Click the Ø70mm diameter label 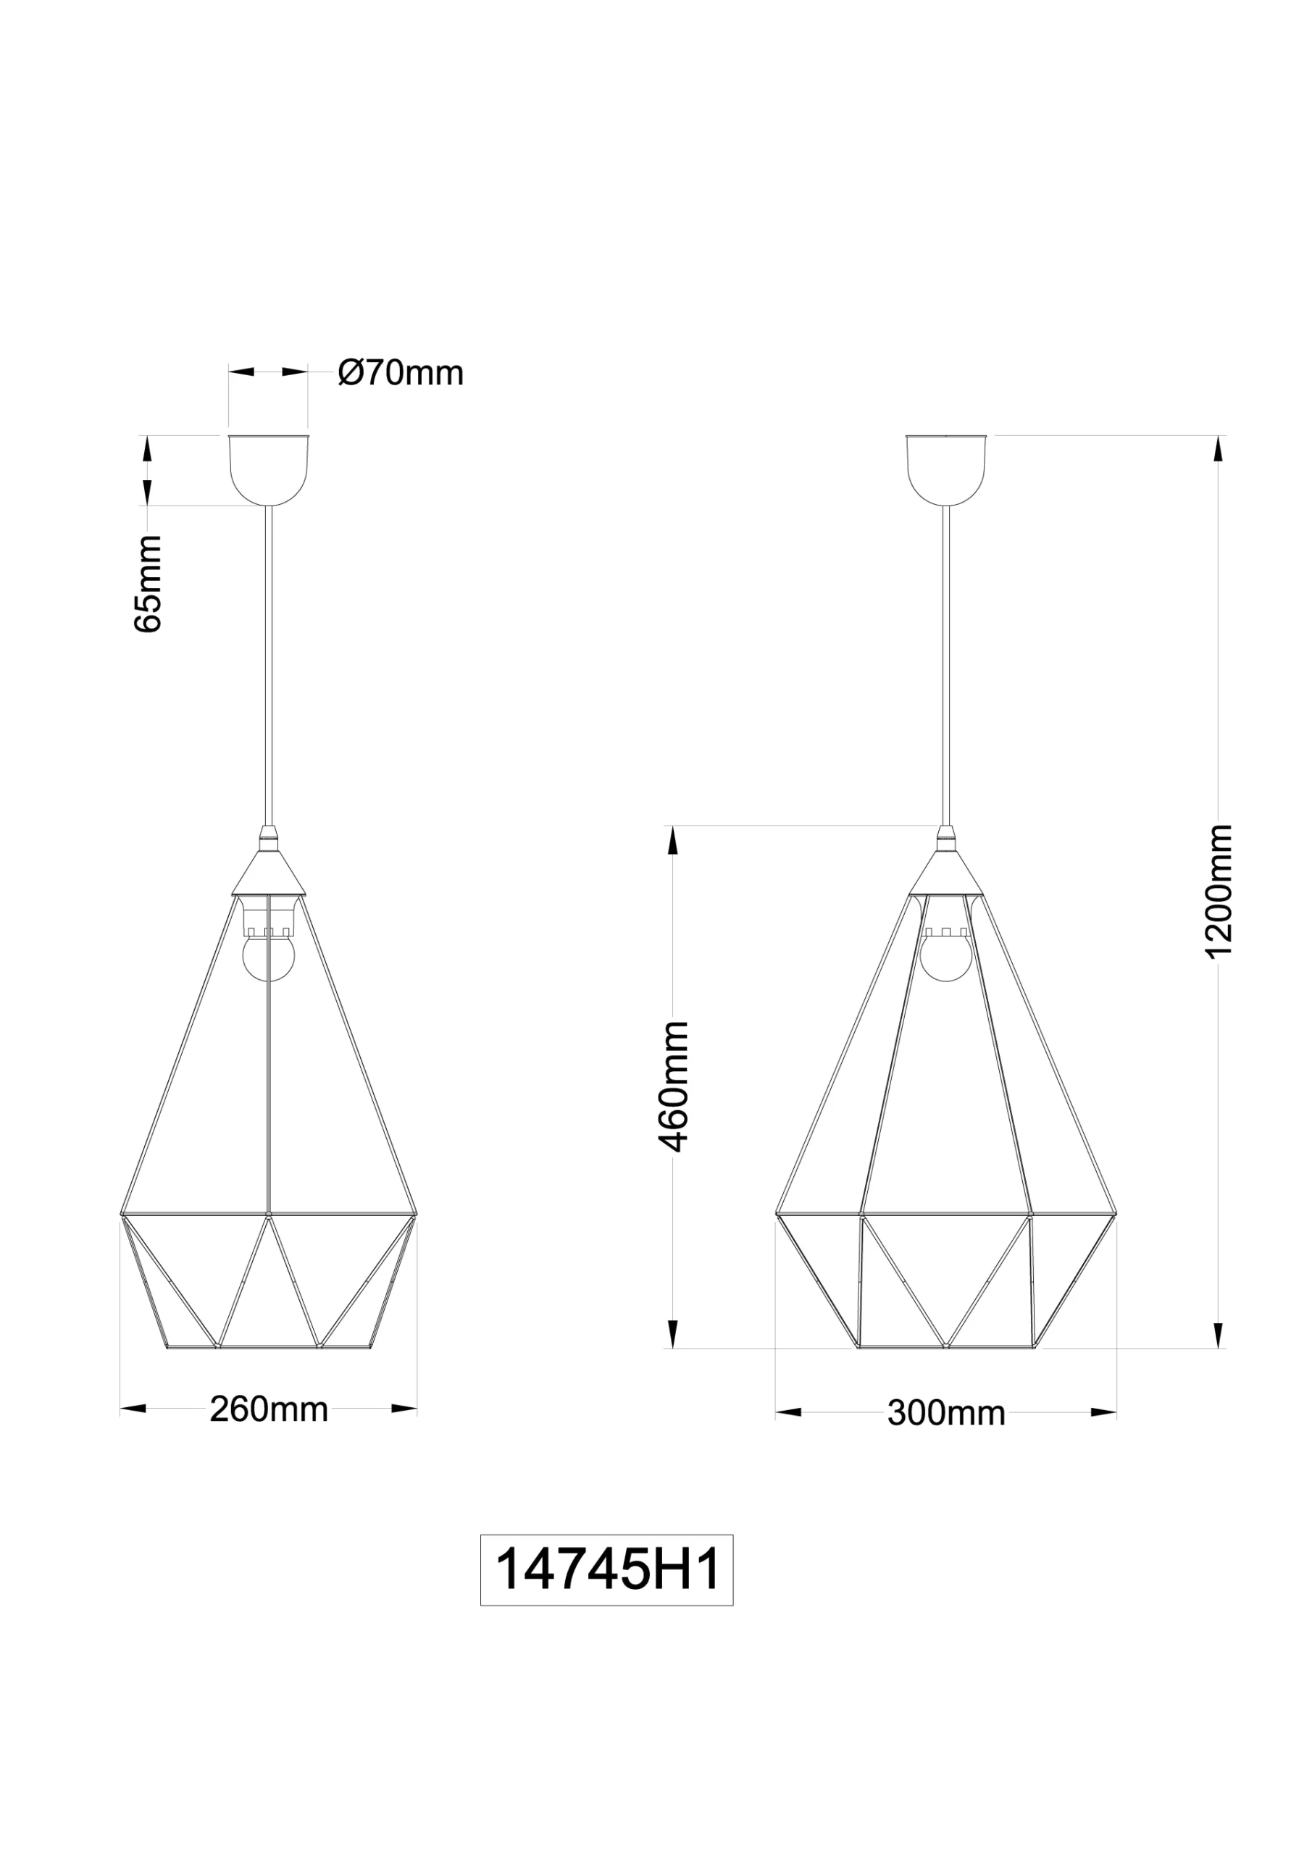coord(401,373)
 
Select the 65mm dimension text coord(148,583)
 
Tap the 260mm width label coord(268,1409)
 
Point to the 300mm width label coord(946,1412)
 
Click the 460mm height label coord(673,1086)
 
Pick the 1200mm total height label coord(1219,891)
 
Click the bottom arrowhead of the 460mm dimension coord(672,1334)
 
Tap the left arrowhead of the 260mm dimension coord(133,1409)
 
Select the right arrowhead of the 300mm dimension coord(1103,1412)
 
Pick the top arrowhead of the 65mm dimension coord(147,448)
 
